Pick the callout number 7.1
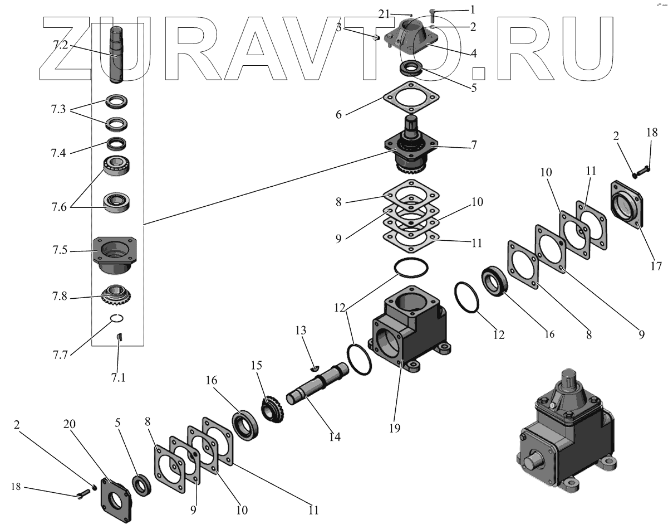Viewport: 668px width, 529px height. coord(117,377)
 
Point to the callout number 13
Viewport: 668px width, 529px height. coord(301,331)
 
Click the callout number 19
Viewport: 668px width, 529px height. coord(395,428)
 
